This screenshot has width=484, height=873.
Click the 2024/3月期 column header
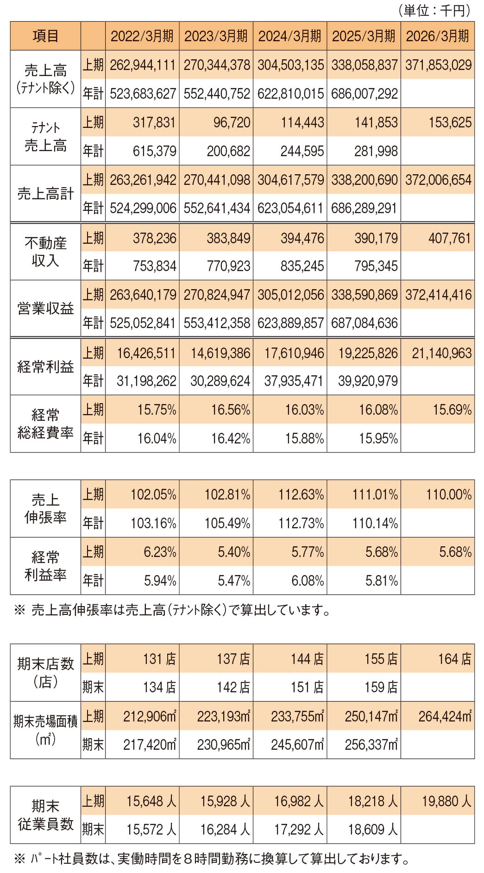pyautogui.click(x=289, y=36)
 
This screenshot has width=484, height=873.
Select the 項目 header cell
pyautogui.click(x=45, y=36)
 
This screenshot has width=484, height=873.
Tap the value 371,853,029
pyautogui.click(x=438, y=65)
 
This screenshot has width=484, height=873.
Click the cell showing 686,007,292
pyautogui.click(x=364, y=94)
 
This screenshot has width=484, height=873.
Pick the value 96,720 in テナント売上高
pyautogui.click(x=232, y=122)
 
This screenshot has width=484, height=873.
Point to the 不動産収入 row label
pyautogui.click(x=45, y=252)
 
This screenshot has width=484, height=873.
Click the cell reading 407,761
pyautogui.click(x=449, y=238)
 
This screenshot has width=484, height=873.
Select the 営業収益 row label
pyautogui.click(x=45, y=309)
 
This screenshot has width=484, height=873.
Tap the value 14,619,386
pyautogui.click(x=220, y=353)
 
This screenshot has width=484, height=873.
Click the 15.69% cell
pyautogui.click(x=452, y=410)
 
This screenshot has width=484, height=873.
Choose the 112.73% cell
pyautogui.click(x=301, y=523)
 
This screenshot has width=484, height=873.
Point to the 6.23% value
pyautogui.click(x=160, y=552)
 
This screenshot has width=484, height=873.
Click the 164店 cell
pyautogui.click(x=454, y=658)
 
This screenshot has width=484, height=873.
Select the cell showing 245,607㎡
pyautogui.click(x=297, y=744)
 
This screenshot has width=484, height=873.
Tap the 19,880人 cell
pyautogui.click(x=446, y=801)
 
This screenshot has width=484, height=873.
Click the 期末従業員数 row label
pyautogui.click(x=45, y=815)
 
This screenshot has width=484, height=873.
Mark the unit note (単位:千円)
pyautogui.click(x=434, y=11)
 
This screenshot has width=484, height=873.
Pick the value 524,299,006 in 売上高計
pyautogui.click(x=143, y=208)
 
